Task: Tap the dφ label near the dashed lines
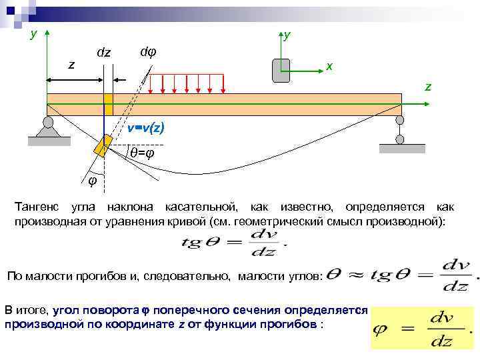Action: pos(148,52)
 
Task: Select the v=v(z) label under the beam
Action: pos(146,128)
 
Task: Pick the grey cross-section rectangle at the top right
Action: pos(281,70)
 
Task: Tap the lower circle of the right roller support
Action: pos(399,140)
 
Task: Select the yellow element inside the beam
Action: pos(108,105)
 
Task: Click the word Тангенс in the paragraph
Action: pos(37,207)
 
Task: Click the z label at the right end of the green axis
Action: pos(428,87)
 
